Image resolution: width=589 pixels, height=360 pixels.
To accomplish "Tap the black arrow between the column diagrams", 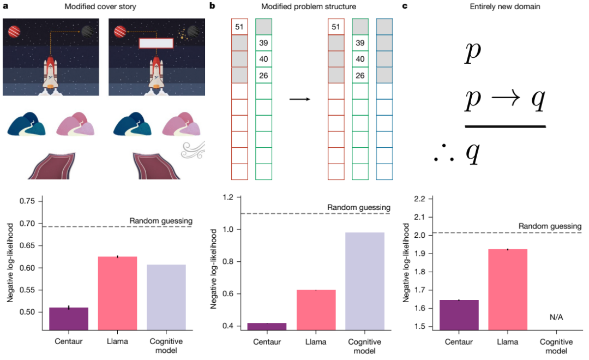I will [x=299, y=99].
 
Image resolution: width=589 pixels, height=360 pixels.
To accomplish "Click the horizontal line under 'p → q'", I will [x=505, y=126].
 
